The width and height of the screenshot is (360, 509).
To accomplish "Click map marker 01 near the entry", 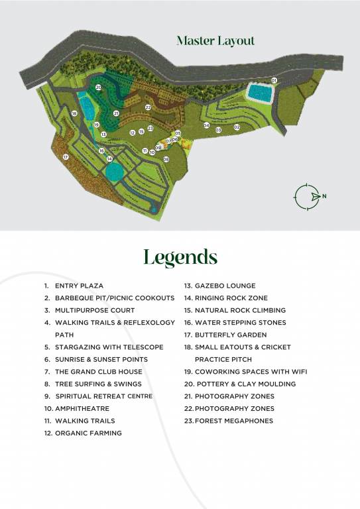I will (274, 80).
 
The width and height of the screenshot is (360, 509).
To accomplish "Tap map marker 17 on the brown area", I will (66, 157).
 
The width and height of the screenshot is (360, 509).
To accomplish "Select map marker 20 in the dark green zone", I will (98, 87).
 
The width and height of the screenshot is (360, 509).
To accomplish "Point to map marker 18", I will (74, 114).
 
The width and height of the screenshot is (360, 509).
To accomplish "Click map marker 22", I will (148, 107).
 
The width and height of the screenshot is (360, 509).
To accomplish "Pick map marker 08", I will (158, 148).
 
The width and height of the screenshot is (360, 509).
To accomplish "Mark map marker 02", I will (237, 127).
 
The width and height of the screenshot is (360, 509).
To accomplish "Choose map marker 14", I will (109, 159).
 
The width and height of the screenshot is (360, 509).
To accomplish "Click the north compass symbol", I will (306, 196).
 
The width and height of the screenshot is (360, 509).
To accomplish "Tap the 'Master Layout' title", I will (215, 41).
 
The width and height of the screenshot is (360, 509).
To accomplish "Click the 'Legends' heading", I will (180, 257).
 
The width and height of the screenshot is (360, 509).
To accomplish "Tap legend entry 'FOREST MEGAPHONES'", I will (233, 421).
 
